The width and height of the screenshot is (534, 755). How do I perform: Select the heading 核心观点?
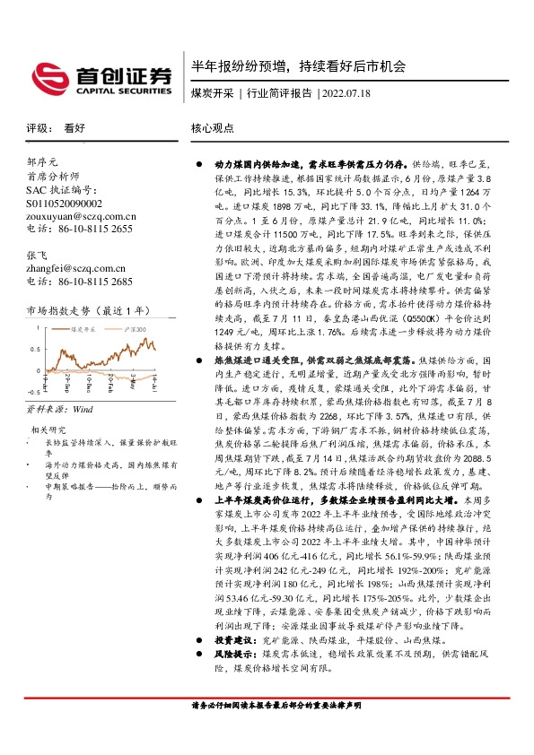[x=212, y=128]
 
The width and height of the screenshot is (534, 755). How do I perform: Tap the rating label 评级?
[x=38, y=128]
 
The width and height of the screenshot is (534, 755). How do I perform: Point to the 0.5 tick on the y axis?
[x=36, y=349]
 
